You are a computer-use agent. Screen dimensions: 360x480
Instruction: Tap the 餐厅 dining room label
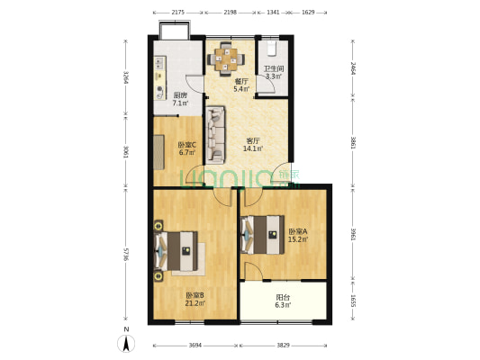pos(240,81)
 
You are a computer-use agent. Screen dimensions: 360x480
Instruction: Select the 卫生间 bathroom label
pos(274,69)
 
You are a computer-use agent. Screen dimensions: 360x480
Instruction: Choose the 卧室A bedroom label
pos(297,231)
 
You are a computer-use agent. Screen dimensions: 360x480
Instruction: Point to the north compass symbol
pos(126,342)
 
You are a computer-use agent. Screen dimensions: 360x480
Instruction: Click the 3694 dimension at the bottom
pos(195,346)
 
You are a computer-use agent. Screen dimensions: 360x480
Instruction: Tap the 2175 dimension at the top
pos(177,13)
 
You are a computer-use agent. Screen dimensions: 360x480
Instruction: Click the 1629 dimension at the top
pos(308,13)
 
